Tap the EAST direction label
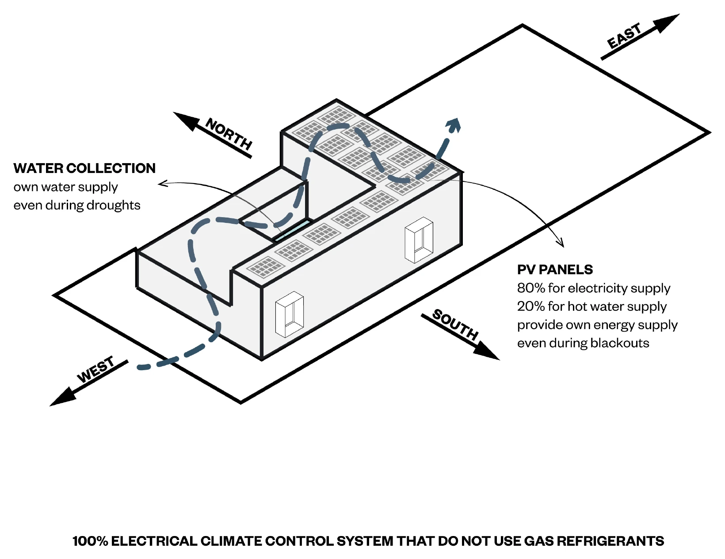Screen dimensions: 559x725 624,36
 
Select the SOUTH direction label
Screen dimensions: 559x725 455,324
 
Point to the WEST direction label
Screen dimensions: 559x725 96,370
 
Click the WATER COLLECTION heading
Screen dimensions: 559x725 84,168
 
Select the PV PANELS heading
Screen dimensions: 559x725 555,270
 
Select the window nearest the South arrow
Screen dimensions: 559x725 419,240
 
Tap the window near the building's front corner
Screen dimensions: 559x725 290,314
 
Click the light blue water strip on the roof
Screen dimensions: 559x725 292,230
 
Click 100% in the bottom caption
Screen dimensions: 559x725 90,541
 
